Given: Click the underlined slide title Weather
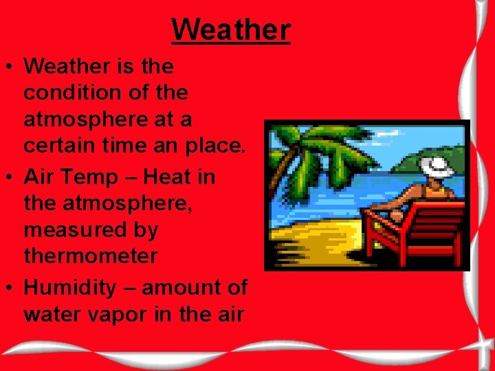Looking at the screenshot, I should point(231,30).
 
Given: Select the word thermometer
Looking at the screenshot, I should point(90,256).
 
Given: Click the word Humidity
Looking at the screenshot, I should point(70,288).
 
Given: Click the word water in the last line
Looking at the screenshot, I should point(50,315).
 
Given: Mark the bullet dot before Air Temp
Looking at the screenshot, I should point(10,178).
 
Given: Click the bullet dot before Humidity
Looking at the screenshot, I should point(10,289).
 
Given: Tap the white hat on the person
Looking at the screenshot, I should point(435,166).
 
